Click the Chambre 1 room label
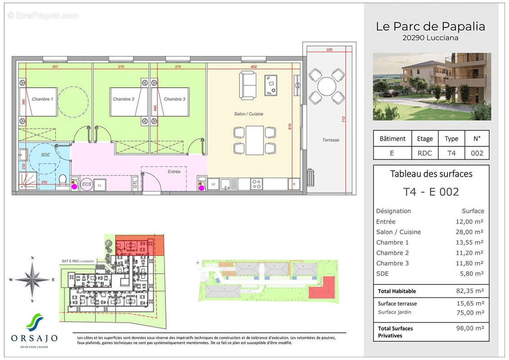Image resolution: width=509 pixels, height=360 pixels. pyautogui.click(x=42, y=99)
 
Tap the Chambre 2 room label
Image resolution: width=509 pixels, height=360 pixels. pyautogui.click(x=123, y=99)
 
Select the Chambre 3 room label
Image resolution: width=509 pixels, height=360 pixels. pyautogui.click(x=174, y=99)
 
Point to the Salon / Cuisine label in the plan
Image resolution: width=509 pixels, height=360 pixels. pyautogui.click(x=249, y=114)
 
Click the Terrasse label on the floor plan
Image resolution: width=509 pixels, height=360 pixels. pyautogui.click(x=330, y=140)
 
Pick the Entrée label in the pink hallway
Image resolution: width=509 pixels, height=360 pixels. pyautogui.click(x=174, y=171)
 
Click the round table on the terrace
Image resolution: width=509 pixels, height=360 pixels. pyautogui.click(x=326, y=85)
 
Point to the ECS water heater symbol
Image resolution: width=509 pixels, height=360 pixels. pyautogui.click(x=85, y=185)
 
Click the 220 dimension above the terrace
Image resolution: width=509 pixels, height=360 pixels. pyautogui.click(x=329, y=50)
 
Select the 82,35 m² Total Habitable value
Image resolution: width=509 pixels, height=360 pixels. pyautogui.click(x=470, y=291)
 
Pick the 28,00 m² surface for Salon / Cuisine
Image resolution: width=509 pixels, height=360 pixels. pyautogui.click(x=470, y=232)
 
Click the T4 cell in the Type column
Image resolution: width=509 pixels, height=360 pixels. pyautogui.click(x=451, y=153)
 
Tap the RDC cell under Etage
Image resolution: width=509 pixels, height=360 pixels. pyautogui.click(x=424, y=153)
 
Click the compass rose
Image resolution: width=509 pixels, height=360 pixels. pyautogui.click(x=32, y=279)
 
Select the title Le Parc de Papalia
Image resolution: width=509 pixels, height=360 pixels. pyautogui.click(x=430, y=27)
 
